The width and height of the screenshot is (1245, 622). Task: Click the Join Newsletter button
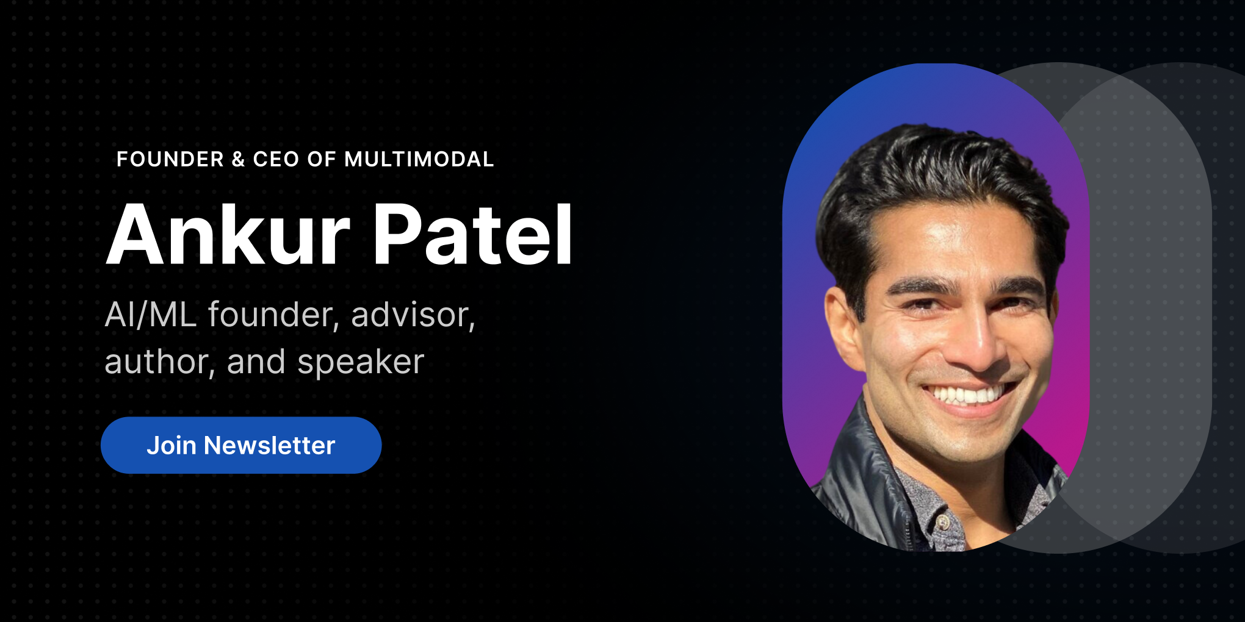tap(241, 445)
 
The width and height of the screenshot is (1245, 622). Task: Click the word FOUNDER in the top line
tap(170, 159)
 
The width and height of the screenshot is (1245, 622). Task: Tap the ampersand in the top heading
tap(238, 159)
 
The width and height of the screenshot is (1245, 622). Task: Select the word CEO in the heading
tap(276, 159)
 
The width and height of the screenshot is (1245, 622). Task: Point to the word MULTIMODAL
tap(419, 159)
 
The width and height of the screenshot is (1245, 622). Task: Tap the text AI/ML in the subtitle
tap(150, 315)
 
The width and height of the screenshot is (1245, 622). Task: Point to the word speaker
tap(360, 362)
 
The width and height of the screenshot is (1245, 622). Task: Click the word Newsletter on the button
tap(269, 446)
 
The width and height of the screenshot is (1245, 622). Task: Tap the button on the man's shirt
tap(944, 522)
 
